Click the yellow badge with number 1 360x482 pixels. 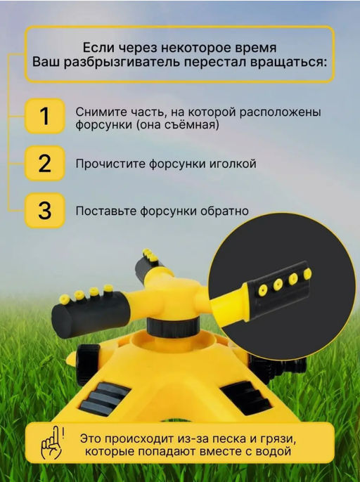click(44, 116)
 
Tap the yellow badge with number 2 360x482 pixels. click(44, 163)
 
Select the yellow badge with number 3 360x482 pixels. click(44, 211)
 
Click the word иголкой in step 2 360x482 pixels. click(233, 163)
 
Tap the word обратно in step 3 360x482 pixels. click(224, 211)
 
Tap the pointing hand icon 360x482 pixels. click(52, 443)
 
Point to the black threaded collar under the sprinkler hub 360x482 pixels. click(172, 327)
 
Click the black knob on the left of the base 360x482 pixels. click(87, 364)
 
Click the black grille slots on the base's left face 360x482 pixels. click(103, 399)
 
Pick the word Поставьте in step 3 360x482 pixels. click(106, 211)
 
